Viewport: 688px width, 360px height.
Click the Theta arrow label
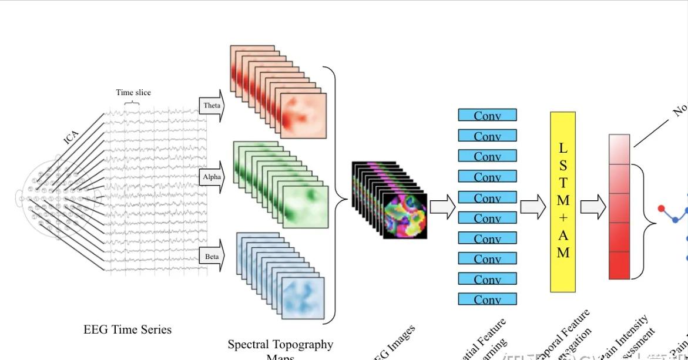pyautogui.click(x=212, y=106)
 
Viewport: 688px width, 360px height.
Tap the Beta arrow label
pyautogui.click(x=212, y=257)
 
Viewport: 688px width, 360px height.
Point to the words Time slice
pyautogui.click(x=133, y=92)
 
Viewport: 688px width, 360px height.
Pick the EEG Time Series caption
pyautogui.click(x=127, y=329)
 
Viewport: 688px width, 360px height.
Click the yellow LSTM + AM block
pyautogui.click(x=563, y=201)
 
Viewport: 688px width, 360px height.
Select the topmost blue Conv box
pyautogui.click(x=487, y=115)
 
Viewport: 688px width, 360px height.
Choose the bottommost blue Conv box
pyautogui.click(x=487, y=299)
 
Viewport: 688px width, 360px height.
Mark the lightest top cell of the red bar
pyautogui.click(x=619, y=149)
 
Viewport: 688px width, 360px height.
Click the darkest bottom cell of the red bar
pyautogui.click(x=619, y=265)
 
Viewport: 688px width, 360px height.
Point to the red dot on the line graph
pyautogui.click(x=662, y=208)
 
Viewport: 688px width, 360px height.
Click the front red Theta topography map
pyautogui.click(x=303, y=116)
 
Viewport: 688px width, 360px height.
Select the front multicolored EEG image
pyautogui.click(x=405, y=216)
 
